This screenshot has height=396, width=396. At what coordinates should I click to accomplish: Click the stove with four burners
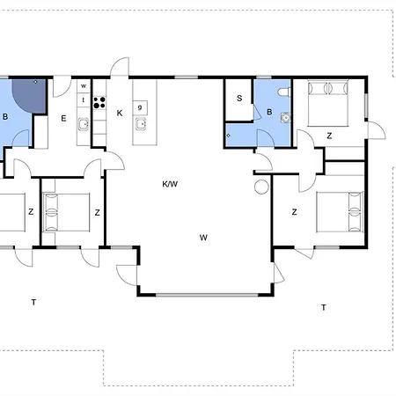[x=99, y=100]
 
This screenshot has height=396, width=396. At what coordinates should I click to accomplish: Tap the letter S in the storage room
[x=238, y=98]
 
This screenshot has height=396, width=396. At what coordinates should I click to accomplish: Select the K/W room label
[x=170, y=185]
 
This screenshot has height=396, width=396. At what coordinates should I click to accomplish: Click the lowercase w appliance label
[x=84, y=86]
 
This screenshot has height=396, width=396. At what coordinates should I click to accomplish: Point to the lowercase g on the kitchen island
[x=140, y=106]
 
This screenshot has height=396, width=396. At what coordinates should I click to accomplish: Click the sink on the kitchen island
[x=139, y=123]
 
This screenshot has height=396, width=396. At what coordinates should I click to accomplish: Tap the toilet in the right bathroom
[x=282, y=93]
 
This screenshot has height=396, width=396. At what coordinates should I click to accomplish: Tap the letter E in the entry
[x=63, y=117]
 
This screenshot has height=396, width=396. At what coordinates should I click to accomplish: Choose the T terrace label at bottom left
[x=33, y=302]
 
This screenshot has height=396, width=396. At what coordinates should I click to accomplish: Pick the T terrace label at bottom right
[x=323, y=307]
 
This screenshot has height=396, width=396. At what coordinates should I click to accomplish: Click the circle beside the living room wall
[x=261, y=187]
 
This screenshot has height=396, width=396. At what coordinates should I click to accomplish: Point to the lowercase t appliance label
[x=84, y=100]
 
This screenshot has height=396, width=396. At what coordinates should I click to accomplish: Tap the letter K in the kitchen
[x=119, y=113]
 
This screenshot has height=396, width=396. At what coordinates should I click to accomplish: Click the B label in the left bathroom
[x=6, y=116]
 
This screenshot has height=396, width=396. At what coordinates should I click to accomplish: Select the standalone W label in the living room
[x=203, y=237]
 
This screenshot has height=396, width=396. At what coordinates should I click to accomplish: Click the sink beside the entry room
[x=83, y=124]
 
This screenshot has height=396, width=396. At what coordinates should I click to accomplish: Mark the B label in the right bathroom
[x=269, y=112]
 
